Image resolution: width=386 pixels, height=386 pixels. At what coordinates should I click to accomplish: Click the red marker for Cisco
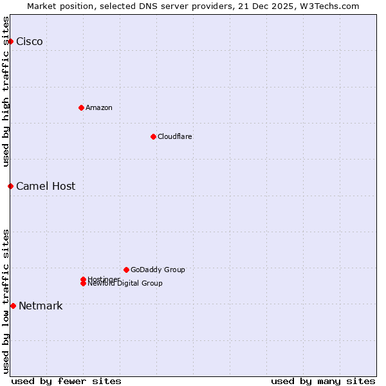coord(10,41)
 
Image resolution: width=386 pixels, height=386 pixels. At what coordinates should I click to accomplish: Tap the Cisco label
coord(30,42)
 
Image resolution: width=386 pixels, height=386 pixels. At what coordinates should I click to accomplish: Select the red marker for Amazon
coord(81,107)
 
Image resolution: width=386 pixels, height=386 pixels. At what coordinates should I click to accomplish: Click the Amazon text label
coord(98,107)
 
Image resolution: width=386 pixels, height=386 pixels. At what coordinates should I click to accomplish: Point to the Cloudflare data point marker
coord(153,136)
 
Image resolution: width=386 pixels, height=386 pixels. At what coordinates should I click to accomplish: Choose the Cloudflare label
coord(174,136)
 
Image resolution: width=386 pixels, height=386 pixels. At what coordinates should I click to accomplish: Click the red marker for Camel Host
coord(10,186)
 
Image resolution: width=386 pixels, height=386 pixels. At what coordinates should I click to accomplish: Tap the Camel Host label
coord(46,187)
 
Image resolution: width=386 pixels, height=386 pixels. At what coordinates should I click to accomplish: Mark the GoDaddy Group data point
coord(126,270)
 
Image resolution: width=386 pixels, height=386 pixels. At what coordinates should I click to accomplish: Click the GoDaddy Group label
coord(158,270)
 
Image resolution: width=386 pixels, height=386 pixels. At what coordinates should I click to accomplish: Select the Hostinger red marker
coord(83,279)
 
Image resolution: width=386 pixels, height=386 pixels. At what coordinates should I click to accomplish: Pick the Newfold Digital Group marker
coord(83,284)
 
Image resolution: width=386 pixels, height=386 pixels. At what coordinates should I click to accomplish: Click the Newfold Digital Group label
coord(125,284)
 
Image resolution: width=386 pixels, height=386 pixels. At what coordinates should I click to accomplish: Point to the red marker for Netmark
coord(13,306)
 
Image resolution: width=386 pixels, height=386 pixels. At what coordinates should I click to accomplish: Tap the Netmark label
coord(41,306)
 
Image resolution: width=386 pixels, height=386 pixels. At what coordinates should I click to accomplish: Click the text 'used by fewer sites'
coord(66,381)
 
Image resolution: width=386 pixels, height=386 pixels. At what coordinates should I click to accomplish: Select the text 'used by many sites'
coord(323,381)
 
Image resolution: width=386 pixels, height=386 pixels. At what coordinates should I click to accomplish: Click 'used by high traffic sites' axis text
coord(6,91)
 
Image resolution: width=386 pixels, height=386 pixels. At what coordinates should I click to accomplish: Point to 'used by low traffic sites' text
coord(6,300)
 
